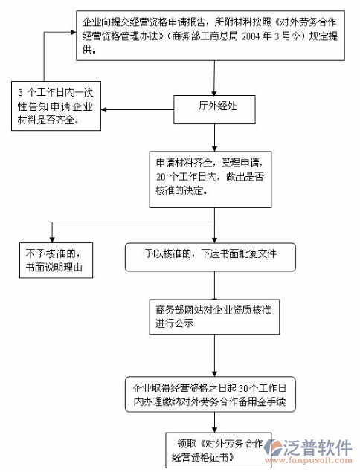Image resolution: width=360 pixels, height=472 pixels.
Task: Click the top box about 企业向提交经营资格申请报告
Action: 216,36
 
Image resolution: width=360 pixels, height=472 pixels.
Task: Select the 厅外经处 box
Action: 215,108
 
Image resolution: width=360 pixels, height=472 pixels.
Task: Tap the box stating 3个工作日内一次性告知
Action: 56,106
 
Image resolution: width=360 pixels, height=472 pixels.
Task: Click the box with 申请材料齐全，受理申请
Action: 215,175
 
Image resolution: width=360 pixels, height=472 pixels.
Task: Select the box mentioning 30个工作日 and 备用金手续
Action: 215,394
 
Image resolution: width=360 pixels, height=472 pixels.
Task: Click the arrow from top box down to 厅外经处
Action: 215,77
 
